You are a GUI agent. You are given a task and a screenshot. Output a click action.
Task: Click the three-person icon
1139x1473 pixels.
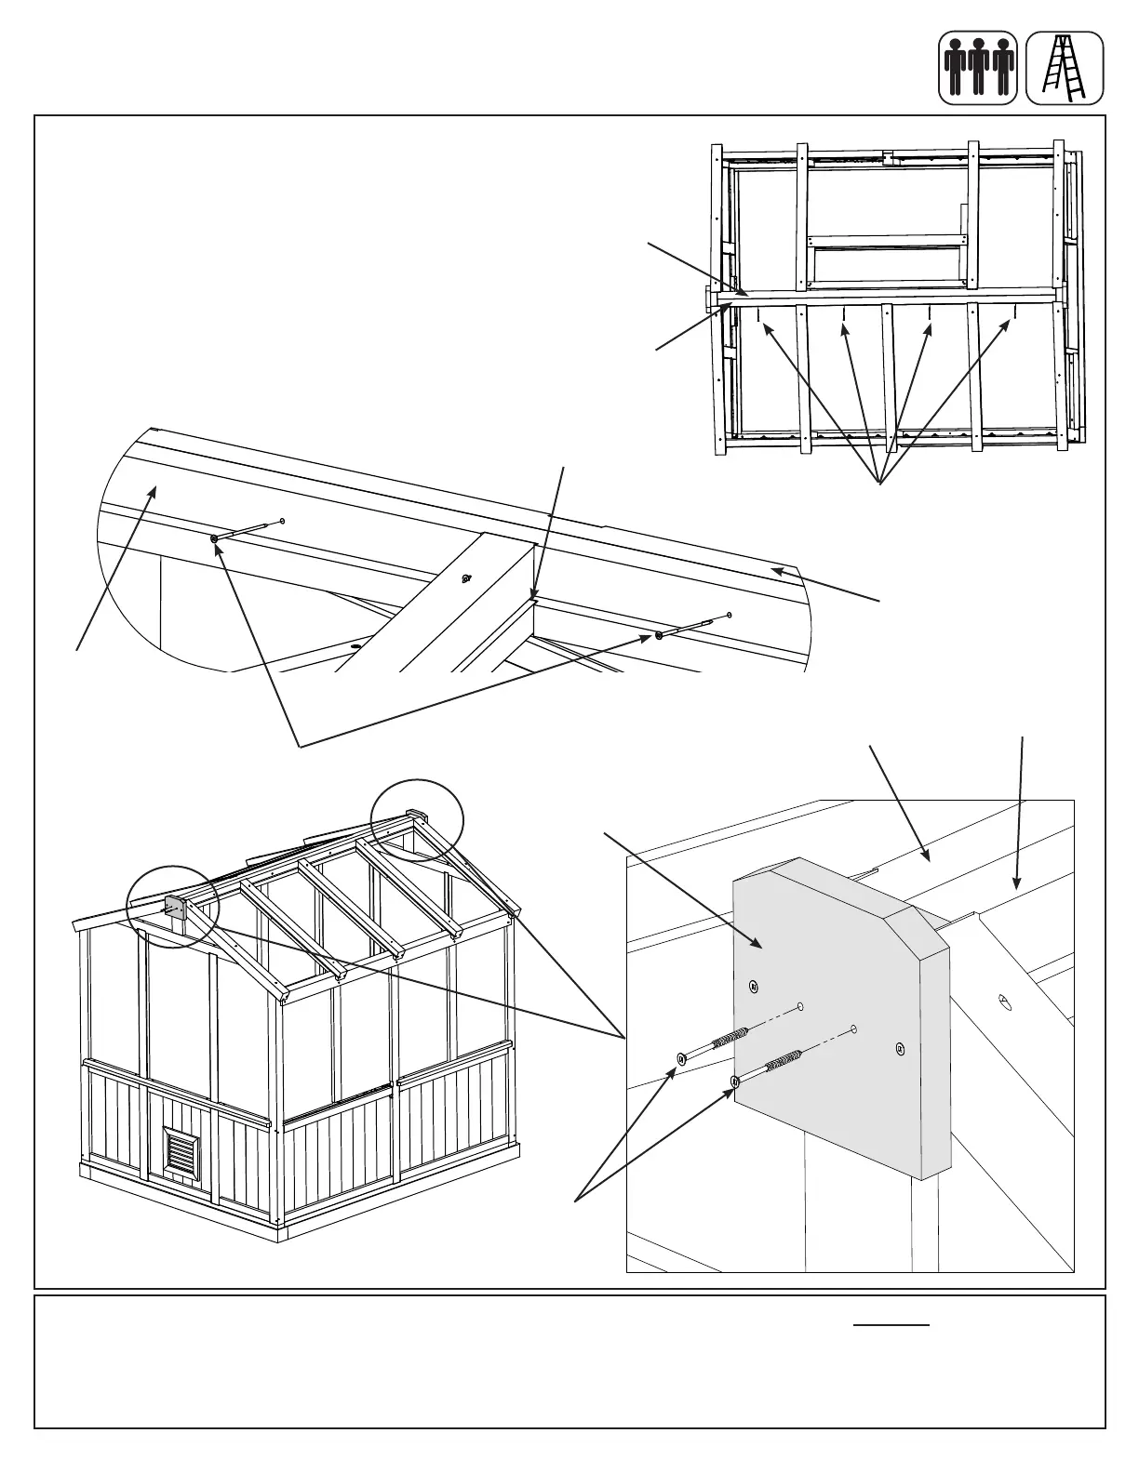point(977,68)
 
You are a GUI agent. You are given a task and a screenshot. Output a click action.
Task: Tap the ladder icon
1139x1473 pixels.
point(1065,68)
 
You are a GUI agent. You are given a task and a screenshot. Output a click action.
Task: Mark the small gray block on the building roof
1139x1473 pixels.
point(172,905)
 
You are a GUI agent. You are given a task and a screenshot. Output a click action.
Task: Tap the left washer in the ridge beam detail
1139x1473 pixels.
point(215,538)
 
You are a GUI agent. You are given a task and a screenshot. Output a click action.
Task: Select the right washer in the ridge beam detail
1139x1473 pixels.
point(659,636)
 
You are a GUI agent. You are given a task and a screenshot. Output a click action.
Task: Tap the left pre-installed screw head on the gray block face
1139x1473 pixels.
point(754,986)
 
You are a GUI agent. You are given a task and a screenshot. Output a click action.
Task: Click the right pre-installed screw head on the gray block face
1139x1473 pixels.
point(899,1048)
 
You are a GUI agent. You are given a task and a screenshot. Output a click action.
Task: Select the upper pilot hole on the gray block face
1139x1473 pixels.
point(800,1007)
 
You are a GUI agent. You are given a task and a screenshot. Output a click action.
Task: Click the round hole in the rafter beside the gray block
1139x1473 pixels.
point(1004,1001)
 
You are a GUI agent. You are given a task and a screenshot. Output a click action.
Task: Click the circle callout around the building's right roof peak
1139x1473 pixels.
point(417,820)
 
